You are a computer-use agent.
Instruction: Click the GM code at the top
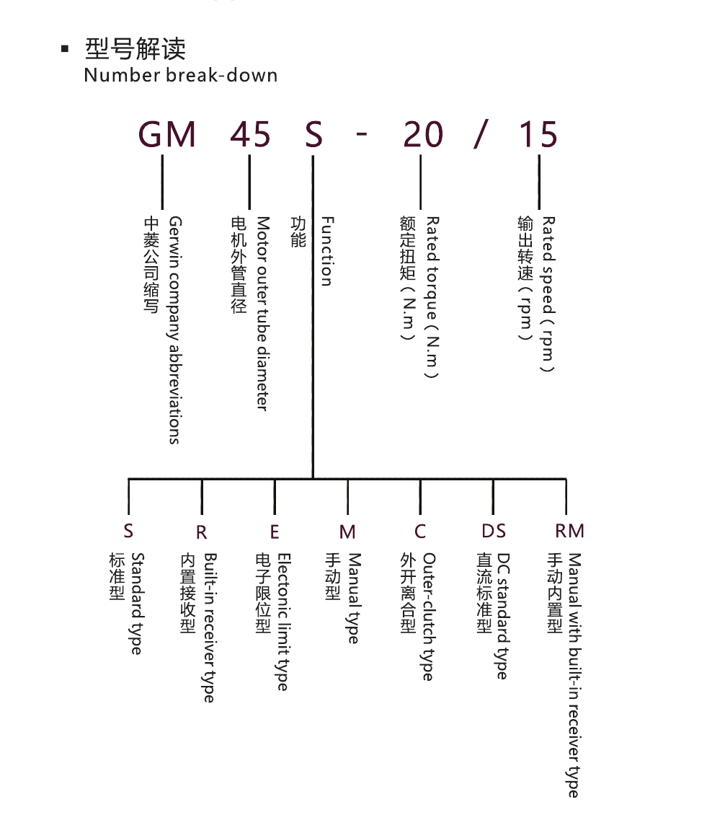click(x=167, y=134)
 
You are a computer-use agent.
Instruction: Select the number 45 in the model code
click(x=251, y=134)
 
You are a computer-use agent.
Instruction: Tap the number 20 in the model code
click(x=423, y=134)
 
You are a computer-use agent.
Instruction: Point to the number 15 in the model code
click(x=538, y=134)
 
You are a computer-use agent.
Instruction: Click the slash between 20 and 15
click(x=481, y=134)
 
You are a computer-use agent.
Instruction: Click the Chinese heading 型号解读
click(x=135, y=49)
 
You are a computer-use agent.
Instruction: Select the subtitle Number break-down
click(x=181, y=75)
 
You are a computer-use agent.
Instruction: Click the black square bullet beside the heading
click(x=65, y=50)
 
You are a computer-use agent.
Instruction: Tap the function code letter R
click(x=201, y=532)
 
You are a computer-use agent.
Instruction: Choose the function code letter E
click(x=275, y=532)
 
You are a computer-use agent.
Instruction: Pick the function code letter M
click(x=347, y=532)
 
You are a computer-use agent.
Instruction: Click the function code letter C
click(x=420, y=532)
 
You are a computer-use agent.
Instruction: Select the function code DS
click(x=494, y=532)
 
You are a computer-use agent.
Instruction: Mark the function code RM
click(x=569, y=531)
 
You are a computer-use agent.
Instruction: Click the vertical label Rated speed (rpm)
click(x=548, y=294)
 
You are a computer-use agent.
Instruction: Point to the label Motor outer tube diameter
click(x=263, y=313)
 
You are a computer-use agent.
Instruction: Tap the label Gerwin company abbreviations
click(x=174, y=330)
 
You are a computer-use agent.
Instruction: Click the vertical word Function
click(x=327, y=251)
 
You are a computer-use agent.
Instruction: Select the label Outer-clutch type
click(x=428, y=617)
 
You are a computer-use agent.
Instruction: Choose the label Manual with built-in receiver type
click(x=574, y=675)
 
